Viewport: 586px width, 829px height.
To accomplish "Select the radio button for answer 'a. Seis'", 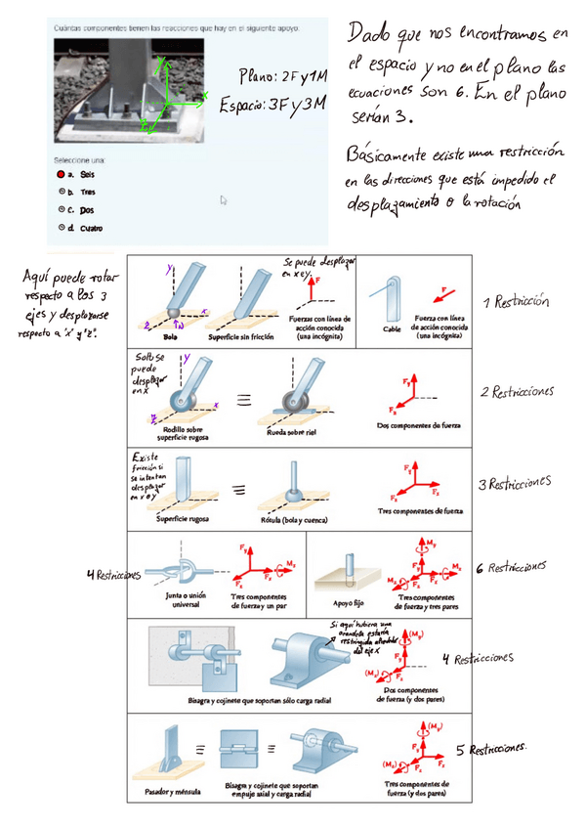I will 61,174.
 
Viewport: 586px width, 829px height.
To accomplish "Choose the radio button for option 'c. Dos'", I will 61,209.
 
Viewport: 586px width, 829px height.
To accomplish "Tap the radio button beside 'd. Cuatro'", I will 61,227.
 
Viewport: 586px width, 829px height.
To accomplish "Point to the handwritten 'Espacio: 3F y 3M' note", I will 272,103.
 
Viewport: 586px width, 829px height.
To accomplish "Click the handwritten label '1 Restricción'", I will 515,301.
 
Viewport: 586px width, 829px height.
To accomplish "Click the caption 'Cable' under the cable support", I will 390,329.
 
